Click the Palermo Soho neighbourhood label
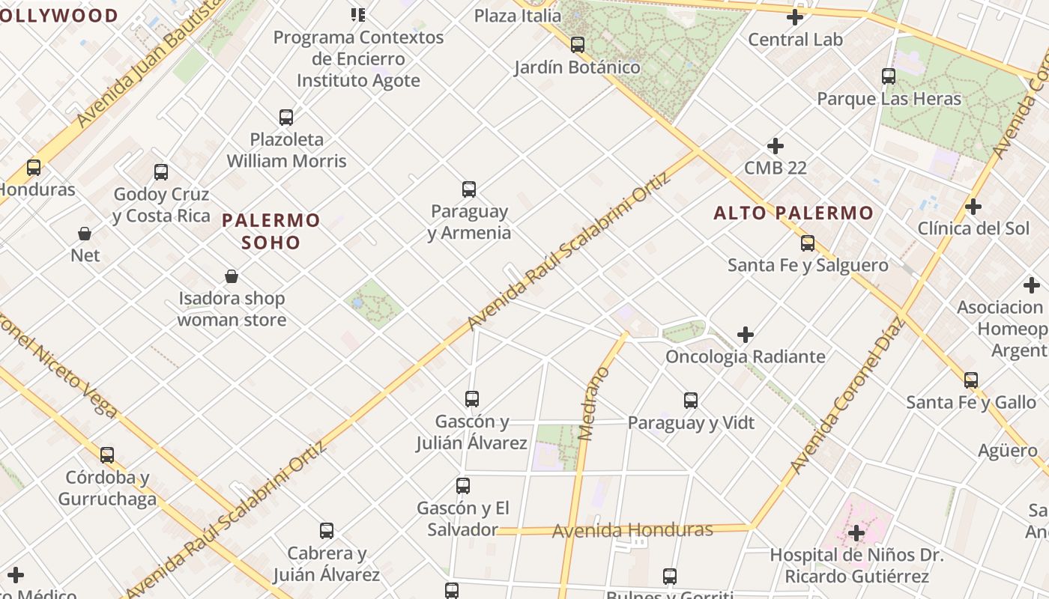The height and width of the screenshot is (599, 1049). coord(270,231)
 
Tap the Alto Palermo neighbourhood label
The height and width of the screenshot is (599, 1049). coord(793,213)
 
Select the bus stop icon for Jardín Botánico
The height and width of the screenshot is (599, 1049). coord(577,45)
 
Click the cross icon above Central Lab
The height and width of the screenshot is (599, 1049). coord(795,17)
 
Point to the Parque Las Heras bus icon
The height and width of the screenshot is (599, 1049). coord(889,76)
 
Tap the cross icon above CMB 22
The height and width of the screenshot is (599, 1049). coord(776,146)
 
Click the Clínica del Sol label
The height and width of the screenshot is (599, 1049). coord(973,228)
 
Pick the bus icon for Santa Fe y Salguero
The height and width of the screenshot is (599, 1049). coord(808,243)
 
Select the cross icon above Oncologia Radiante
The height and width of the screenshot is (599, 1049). coord(746,335)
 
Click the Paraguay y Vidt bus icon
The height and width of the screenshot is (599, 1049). coord(691,401)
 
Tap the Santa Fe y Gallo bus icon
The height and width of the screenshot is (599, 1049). coord(971,380)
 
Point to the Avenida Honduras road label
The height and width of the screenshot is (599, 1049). coord(632,531)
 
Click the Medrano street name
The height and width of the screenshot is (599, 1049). coord(595,404)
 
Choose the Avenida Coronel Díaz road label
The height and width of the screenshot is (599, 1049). coord(847,397)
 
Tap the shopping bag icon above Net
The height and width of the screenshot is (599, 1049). coord(85,234)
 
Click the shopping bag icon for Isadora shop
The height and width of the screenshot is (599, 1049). coord(232,277)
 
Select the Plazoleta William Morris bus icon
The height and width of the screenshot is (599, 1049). coord(286,118)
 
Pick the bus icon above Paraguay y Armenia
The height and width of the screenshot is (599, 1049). coord(469,189)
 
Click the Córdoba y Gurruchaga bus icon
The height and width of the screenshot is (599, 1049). coord(107,455)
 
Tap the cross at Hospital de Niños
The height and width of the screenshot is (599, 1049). coord(856,533)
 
